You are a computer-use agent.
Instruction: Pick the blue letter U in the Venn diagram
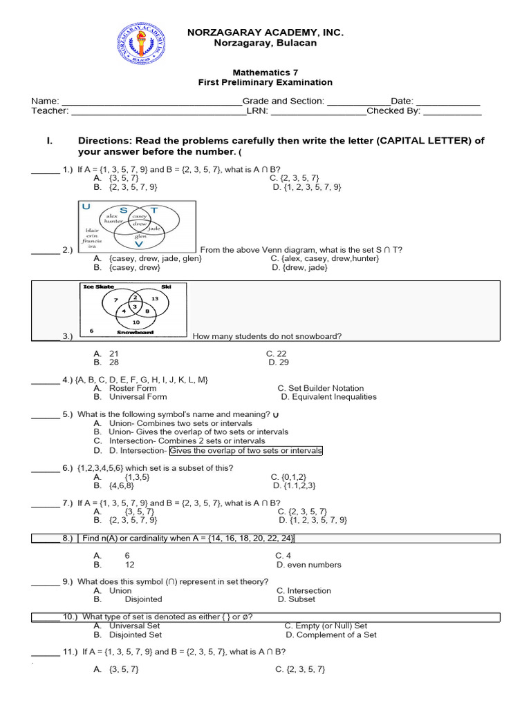86,206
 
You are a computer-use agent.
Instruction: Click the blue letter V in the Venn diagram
140,244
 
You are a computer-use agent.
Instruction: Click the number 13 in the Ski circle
154,298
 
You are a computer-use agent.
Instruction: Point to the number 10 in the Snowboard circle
136,322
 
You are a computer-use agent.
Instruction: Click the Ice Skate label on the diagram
98,287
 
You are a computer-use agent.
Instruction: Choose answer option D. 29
279,362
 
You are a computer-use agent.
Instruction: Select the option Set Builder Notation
319,388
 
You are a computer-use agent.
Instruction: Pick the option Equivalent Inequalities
328,397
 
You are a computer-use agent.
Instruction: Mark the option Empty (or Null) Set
326,626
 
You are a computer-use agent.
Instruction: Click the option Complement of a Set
331,635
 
